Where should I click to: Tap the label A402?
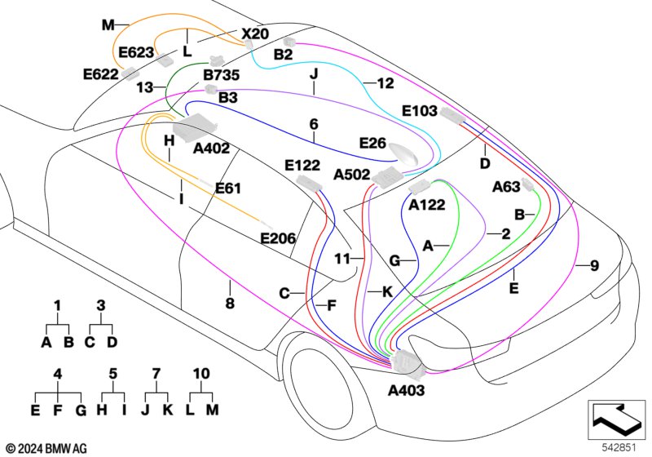(x=212, y=149)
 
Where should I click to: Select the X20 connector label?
(x=255, y=34)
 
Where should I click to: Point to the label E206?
(x=277, y=238)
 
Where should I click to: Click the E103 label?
(x=420, y=112)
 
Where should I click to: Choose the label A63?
(x=506, y=187)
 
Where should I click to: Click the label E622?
(x=101, y=73)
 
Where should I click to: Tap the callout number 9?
(x=594, y=264)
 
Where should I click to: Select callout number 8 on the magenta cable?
(x=230, y=304)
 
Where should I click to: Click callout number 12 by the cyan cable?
(x=385, y=82)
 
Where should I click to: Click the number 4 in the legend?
(x=58, y=373)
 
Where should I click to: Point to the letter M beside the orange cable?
(x=108, y=25)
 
